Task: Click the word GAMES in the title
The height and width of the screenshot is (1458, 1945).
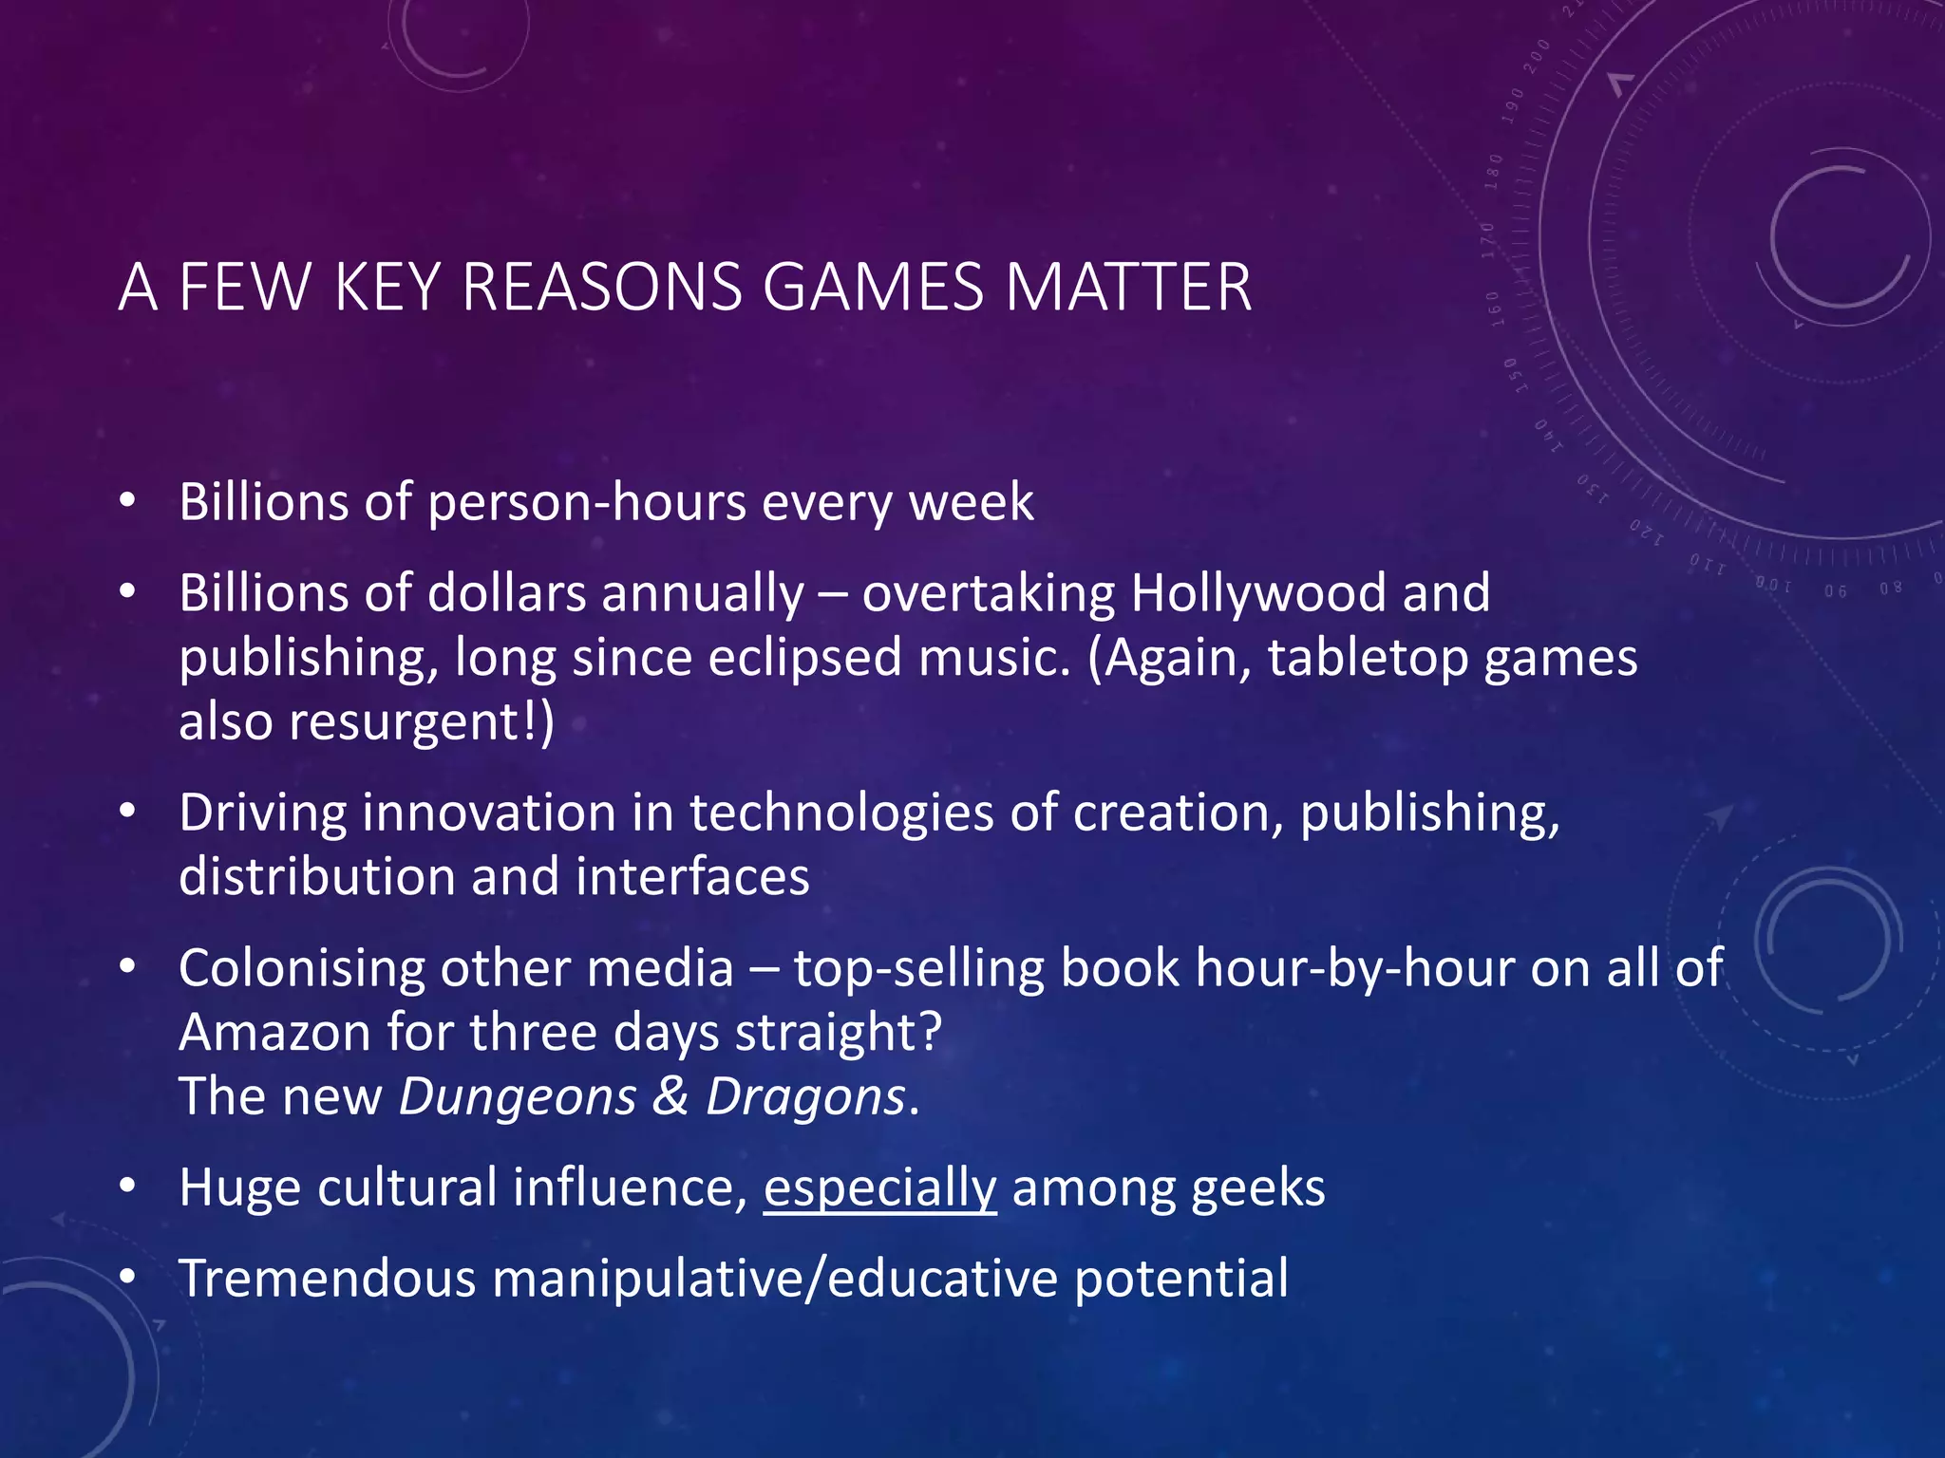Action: (873, 287)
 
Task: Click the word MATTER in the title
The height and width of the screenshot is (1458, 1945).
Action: (1128, 287)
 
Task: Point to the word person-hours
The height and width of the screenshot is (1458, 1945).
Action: (587, 502)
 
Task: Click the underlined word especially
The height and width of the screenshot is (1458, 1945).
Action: (879, 1188)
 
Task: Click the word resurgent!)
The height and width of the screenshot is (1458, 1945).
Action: (422, 721)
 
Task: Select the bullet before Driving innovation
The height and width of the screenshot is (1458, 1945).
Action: (128, 812)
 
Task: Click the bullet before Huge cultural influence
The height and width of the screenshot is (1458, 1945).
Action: (128, 1187)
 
